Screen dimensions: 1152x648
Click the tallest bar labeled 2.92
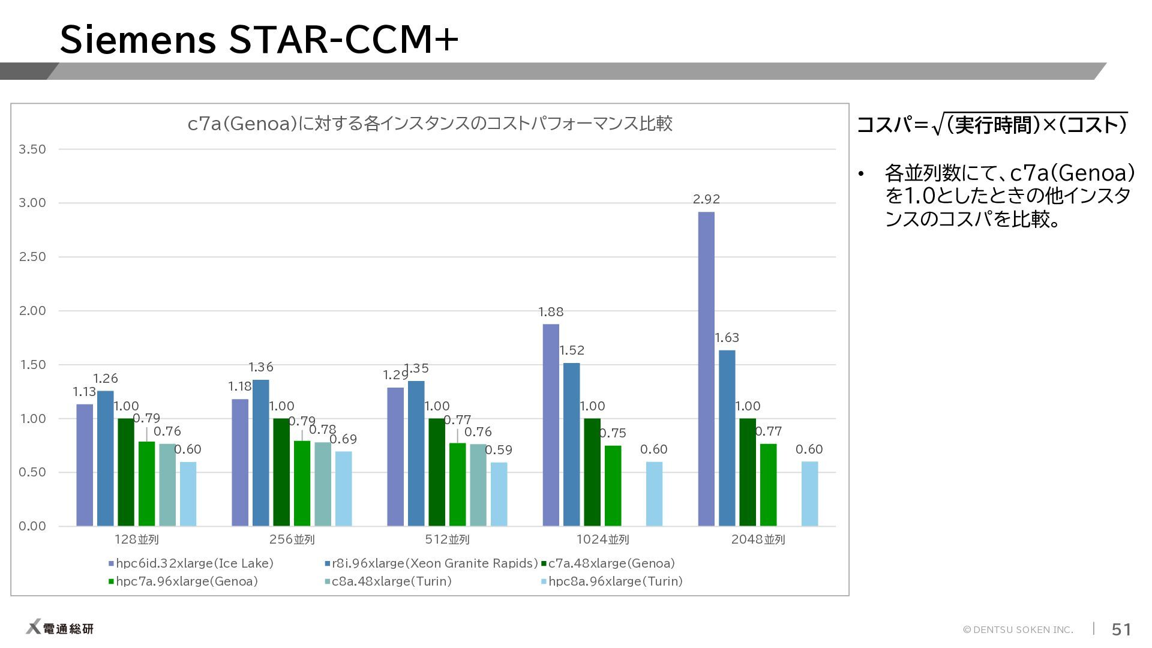[x=706, y=369]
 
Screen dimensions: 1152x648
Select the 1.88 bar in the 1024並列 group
[x=551, y=425]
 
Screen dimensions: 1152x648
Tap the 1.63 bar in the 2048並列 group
[x=727, y=438]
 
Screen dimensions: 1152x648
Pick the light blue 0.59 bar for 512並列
[x=499, y=494]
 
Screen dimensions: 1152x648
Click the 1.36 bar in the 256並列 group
[x=261, y=453]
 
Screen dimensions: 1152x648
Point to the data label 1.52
[x=572, y=350]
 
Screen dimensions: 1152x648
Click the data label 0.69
[x=343, y=439]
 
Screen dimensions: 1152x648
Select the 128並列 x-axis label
[x=137, y=539]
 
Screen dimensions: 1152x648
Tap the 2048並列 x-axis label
[x=758, y=539]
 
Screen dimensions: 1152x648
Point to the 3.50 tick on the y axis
[x=32, y=149]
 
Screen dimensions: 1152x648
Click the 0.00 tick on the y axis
[x=32, y=526]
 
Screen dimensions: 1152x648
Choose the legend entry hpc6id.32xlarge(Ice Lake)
[x=191, y=563]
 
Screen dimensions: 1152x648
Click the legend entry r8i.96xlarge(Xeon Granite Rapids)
[x=431, y=563]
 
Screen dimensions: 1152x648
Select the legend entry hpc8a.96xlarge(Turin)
[x=612, y=581]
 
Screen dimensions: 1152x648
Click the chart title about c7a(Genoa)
[x=430, y=124]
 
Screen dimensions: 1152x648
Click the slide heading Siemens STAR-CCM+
[x=259, y=40]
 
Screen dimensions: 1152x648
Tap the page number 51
[x=1121, y=629]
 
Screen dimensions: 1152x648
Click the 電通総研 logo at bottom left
[x=59, y=628]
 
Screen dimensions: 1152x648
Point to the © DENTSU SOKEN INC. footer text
[x=1018, y=629]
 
